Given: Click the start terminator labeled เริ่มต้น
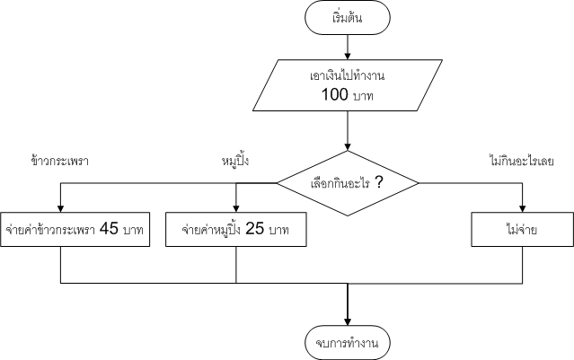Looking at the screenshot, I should click(347, 19).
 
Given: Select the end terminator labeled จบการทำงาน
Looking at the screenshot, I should click(347, 341).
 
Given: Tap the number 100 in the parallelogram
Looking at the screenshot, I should click(335, 92).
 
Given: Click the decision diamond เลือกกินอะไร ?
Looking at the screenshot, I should click(347, 183).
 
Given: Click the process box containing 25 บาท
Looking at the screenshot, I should click(235, 229).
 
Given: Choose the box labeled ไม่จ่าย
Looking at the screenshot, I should click(522, 229).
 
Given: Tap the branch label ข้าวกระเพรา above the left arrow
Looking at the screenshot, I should click(59, 162).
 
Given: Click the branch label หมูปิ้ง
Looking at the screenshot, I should click(234, 162).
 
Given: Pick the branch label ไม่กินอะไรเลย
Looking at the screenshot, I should click(521, 162).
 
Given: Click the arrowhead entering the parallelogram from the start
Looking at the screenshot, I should click(347, 57).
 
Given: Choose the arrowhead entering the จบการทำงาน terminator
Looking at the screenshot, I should click(347, 320).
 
